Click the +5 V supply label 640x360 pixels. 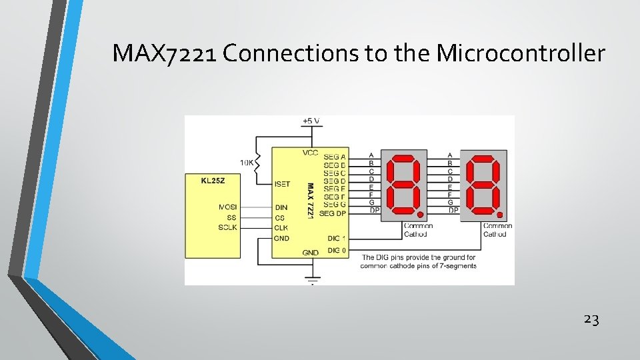pos(311,121)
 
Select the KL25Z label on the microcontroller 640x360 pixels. pos(213,180)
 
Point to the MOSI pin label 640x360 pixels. pos(227,207)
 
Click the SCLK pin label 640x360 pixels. pos(227,227)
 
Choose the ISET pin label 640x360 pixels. pos(281,183)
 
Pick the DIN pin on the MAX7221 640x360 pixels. pos(281,207)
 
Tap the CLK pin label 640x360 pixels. pos(281,227)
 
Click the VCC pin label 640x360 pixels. pos(311,153)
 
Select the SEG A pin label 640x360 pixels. pos(335,156)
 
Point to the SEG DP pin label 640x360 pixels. pos(333,213)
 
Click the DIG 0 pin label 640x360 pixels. pos(336,251)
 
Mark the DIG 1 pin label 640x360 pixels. pos(336,238)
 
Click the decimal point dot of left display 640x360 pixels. pos(421,215)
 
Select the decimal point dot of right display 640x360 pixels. pos(499,215)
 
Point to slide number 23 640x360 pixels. pos(591,319)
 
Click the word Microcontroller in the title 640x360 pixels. pos(521,53)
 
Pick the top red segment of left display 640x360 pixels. pos(406,159)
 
